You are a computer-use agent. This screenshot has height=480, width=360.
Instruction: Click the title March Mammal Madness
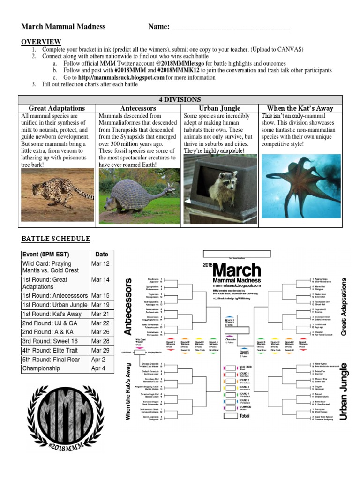pos(63,27)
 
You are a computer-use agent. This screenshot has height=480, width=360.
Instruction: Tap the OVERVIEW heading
pos(41,42)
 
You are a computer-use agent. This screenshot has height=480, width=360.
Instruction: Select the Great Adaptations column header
pos(57,108)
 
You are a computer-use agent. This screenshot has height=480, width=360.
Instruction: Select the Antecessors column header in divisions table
pos(138,108)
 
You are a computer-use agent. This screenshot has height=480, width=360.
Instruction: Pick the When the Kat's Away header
pos(300,108)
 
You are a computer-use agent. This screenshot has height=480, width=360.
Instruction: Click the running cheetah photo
pos(58,188)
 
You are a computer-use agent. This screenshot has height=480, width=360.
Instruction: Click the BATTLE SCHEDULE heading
pos(55,239)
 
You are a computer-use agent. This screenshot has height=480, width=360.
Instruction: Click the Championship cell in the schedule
pos(55,368)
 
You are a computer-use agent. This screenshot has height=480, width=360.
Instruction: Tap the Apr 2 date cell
pos(99,360)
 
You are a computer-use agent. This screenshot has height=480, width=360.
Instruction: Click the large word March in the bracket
pos(237,270)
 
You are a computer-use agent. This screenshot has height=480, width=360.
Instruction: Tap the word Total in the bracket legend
pos(245,416)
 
